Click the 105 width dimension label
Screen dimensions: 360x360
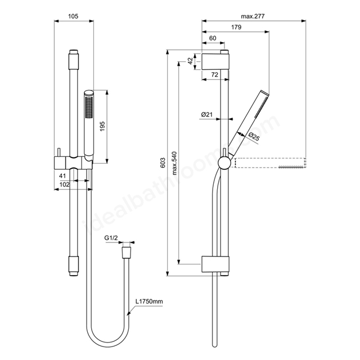coord(73,16)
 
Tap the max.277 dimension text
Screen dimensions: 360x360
coord(253,16)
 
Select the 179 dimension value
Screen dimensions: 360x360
coord(236,27)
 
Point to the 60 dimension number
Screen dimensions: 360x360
coord(213,38)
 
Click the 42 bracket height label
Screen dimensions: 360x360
coord(190,61)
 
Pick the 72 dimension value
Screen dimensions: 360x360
coord(214,75)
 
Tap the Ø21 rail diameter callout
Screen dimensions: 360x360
coord(207,114)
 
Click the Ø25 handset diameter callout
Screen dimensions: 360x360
coord(254,137)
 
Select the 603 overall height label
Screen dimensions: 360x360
coord(163,163)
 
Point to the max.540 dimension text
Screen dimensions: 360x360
coord(174,163)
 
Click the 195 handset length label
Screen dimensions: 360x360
coord(102,126)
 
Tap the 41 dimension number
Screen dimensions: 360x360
coord(62,176)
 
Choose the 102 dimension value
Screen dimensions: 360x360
coord(64,184)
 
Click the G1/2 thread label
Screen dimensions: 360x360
coord(111,238)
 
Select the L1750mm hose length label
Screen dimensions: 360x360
coord(149,301)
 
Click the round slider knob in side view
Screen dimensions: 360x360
coord(224,163)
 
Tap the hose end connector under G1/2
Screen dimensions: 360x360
coord(126,253)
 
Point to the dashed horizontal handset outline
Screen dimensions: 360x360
coord(271,163)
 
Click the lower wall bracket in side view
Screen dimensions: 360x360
coord(215,264)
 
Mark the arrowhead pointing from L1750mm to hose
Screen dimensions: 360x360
coord(129,313)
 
